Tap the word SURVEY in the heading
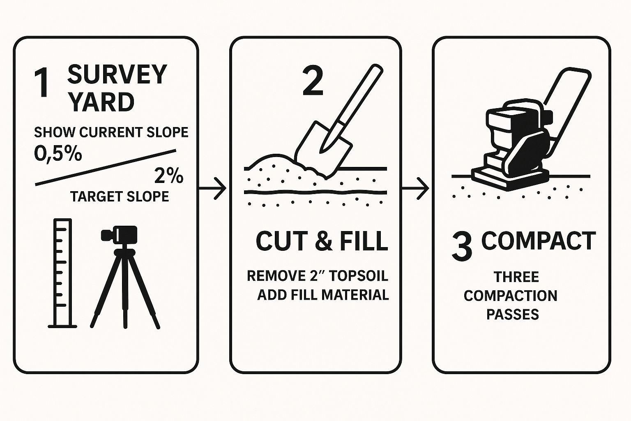(x=117, y=74)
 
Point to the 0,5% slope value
(x=58, y=154)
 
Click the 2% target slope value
(x=169, y=176)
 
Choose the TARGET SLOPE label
(x=120, y=197)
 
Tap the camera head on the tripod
(x=120, y=234)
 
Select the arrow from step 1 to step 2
(x=212, y=188)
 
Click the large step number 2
(x=313, y=81)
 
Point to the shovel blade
(x=323, y=149)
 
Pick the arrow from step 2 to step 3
(x=415, y=188)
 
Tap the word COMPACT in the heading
(x=539, y=241)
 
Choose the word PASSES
(x=513, y=314)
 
